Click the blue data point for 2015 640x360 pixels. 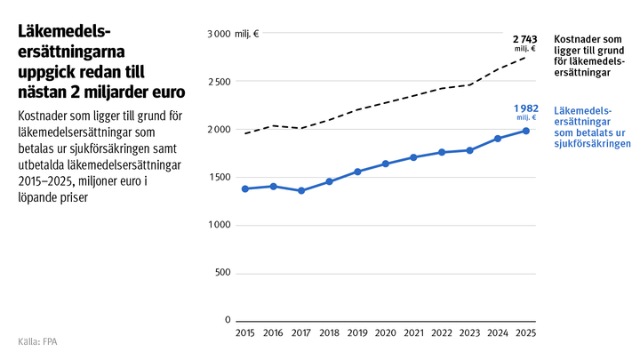[244, 188]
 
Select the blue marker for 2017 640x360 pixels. [300, 190]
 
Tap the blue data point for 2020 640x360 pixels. [385, 164]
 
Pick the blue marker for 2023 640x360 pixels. [469, 150]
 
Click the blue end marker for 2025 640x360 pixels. [526, 131]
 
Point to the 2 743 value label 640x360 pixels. [524, 41]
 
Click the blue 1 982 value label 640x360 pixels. [524, 108]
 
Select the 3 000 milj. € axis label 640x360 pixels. [233, 34]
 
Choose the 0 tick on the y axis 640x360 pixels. [227, 320]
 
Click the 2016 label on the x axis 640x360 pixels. [273, 333]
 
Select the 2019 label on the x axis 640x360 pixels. [357, 333]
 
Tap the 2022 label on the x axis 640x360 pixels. [442, 333]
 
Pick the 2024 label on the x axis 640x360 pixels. [498, 333]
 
